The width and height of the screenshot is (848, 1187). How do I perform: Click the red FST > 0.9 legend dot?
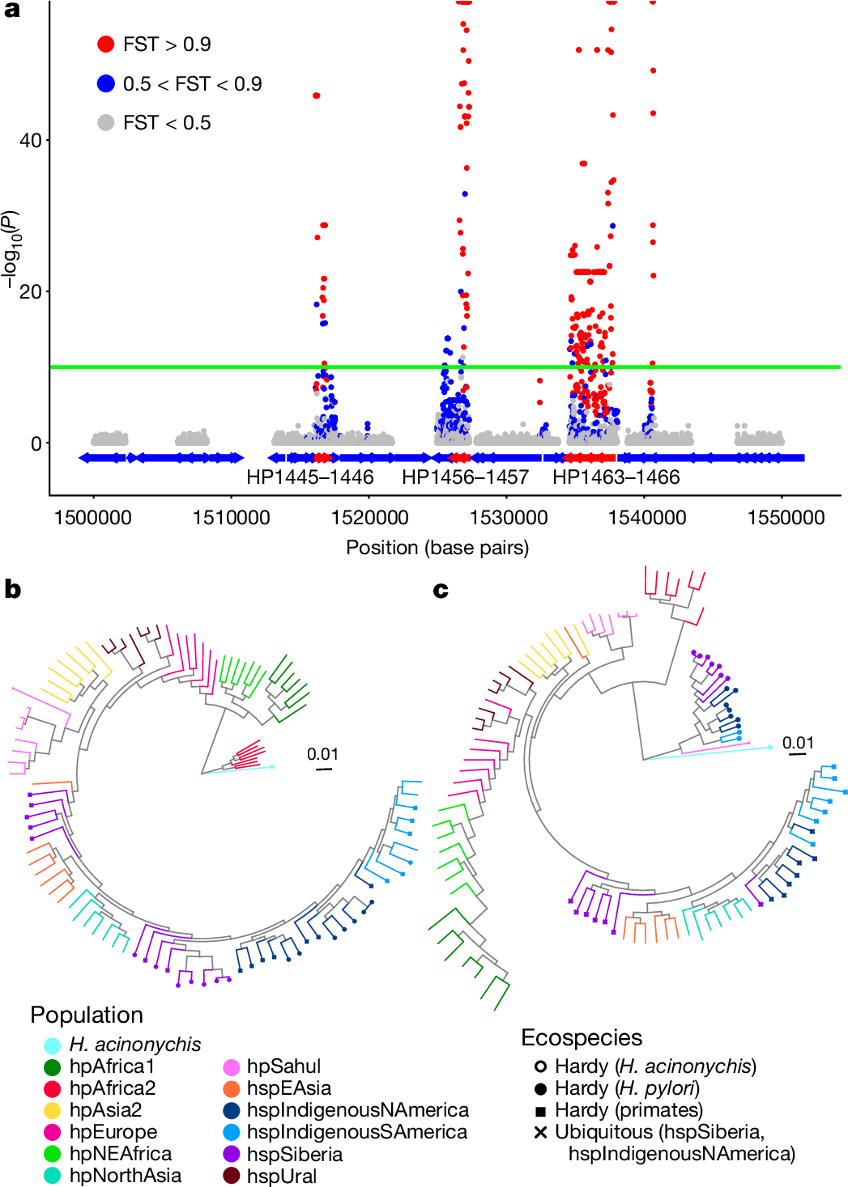coord(105,45)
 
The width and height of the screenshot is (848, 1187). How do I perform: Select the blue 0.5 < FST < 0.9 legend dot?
coord(105,83)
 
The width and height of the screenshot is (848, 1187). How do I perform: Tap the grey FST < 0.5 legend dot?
coord(105,123)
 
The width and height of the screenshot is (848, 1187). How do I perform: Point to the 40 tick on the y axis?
coord(31,141)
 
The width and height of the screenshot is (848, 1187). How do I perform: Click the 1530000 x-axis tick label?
coord(508,518)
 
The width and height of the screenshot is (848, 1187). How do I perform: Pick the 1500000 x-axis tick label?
coord(92,518)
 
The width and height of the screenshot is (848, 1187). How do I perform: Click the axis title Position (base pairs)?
coord(437,548)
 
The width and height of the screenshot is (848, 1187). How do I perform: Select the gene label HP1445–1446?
coord(310,477)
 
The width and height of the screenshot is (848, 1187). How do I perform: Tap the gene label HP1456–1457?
coord(465,477)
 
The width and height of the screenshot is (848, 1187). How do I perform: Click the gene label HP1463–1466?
coord(616,477)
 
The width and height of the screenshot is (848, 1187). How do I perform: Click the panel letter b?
coord(12,589)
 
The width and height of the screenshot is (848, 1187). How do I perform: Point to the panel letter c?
coord(441,590)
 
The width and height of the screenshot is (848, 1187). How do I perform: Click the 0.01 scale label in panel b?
coord(322,754)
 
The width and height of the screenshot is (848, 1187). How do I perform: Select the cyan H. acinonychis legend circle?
coord(53,1045)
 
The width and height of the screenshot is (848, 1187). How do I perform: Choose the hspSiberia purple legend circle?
coord(231,1155)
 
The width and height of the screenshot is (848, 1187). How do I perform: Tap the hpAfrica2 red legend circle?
coord(53,1089)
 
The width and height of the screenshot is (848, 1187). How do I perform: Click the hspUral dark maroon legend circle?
coord(231,1176)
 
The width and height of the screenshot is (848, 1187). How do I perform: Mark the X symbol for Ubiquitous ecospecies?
coord(540,1132)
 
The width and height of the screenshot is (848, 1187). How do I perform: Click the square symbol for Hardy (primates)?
coord(540,1111)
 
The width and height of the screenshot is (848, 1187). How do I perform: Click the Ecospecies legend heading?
coord(582,1038)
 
